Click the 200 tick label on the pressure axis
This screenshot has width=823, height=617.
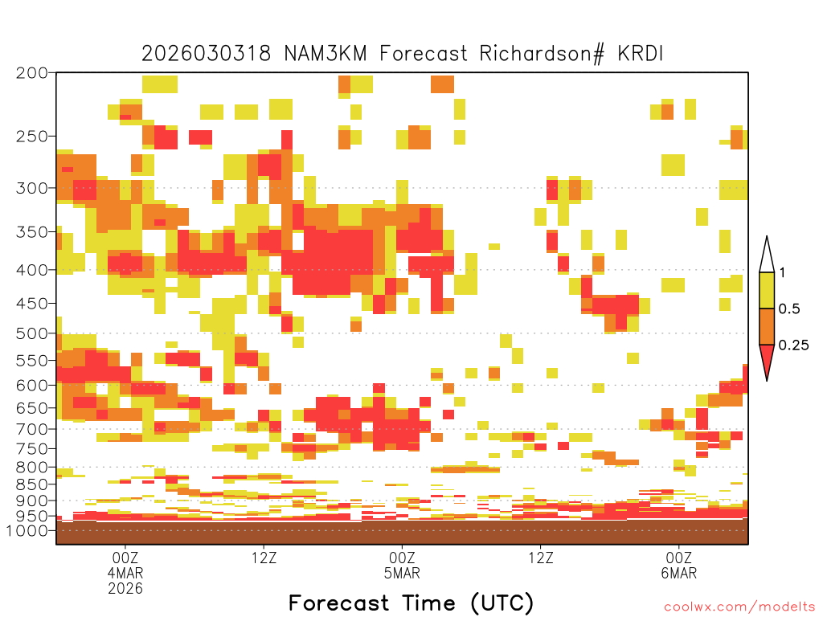coord(32,73)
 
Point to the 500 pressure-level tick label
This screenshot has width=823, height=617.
coord(32,333)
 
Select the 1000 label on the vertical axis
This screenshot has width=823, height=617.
coord(27,531)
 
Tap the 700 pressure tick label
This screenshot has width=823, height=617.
coord(32,429)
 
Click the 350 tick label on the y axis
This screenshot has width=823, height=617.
coord(32,232)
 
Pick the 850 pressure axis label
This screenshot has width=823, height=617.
coord(32,484)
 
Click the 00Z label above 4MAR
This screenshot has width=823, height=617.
coord(125,558)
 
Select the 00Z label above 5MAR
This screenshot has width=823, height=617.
coord(402,558)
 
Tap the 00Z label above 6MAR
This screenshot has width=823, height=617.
coord(678,558)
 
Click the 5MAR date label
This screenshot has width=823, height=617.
coord(402,573)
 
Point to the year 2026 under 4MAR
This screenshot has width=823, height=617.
coord(125,589)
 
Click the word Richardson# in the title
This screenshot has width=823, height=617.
coord(541,54)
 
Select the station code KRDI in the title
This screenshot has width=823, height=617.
coord(641,54)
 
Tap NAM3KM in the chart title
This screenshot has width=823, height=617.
coord(326,54)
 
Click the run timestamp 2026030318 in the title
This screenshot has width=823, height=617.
coord(207,54)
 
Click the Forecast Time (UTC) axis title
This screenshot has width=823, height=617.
coord(411,603)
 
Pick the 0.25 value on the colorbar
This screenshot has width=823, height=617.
coord(793,345)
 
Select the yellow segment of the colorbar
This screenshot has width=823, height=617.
coord(767,291)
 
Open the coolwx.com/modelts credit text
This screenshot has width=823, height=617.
coord(739,607)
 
